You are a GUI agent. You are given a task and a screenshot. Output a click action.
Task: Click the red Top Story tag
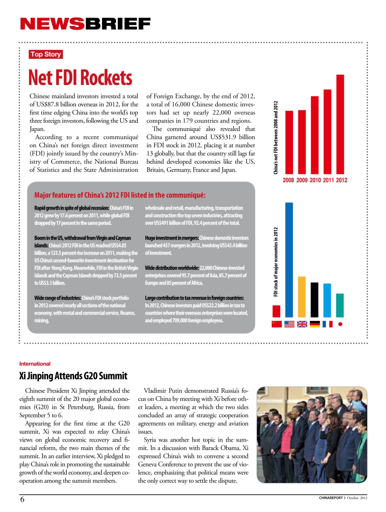46,54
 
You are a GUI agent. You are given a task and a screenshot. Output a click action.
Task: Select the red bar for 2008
289,142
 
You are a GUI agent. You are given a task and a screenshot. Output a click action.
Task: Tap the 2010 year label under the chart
315,180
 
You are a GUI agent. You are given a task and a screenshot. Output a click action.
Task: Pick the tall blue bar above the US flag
289,260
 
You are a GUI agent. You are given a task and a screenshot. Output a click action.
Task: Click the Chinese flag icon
277,324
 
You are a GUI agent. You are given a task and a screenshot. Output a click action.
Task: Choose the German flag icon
315,324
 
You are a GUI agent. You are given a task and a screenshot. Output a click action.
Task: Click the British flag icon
302,324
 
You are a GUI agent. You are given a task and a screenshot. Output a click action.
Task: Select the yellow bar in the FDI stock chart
302,296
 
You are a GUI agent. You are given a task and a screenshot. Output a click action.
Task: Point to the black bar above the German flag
314,300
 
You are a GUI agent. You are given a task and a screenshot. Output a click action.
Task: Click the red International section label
35,364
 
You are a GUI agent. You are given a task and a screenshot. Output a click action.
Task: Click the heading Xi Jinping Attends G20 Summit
73,376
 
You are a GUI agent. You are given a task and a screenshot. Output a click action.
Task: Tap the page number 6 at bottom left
22,499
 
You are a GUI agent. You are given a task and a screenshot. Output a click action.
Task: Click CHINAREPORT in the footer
331,498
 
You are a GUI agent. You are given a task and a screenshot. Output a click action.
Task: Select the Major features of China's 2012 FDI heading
120,195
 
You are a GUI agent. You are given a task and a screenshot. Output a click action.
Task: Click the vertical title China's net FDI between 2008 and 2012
275,137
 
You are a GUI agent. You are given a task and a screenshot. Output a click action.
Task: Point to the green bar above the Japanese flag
340,305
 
